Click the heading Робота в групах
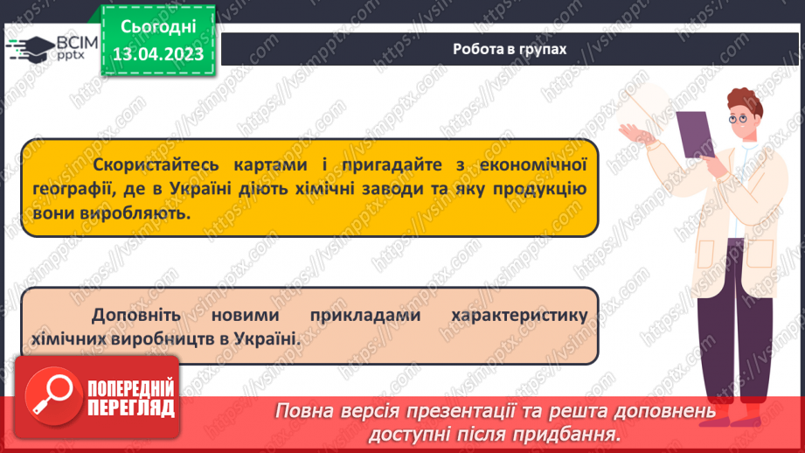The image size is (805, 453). coord(510,49)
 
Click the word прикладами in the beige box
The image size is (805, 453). coord(364,314)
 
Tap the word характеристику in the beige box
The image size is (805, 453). coord(519,314)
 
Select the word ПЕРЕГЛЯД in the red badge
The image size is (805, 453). coord(131,408)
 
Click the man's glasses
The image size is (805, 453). coord(738,116)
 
